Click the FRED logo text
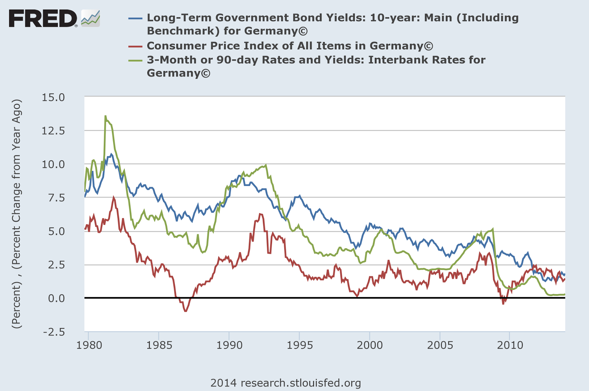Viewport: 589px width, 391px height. (42, 18)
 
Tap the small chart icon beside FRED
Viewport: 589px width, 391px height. (91, 18)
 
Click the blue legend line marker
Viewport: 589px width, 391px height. (135, 18)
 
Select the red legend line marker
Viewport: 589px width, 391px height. (135, 46)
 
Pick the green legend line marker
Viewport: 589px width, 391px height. (135, 60)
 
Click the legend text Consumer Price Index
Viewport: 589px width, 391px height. (290, 46)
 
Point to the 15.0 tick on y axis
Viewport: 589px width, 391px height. (53, 97)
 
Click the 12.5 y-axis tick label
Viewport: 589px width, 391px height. (53, 131)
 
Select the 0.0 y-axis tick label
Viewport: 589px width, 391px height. (56, 298)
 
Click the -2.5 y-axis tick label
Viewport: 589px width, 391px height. (54, 332)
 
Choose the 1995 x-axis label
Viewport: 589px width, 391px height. (299, 345)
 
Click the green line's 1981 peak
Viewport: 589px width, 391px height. (105, 116)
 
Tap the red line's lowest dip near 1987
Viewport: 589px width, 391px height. (186, 311)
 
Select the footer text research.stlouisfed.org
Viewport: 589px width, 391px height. (286, 383)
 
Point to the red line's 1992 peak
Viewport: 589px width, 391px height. (260, 214)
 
